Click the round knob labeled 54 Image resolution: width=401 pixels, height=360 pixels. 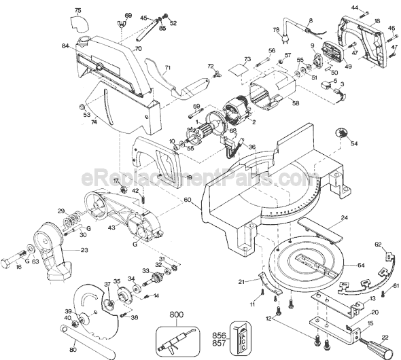click(341, 134)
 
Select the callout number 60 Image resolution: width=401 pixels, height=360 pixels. click(187, 200)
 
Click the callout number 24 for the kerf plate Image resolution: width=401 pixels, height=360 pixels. click(345, 217)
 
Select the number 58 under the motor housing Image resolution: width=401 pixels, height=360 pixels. click(295, 103)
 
